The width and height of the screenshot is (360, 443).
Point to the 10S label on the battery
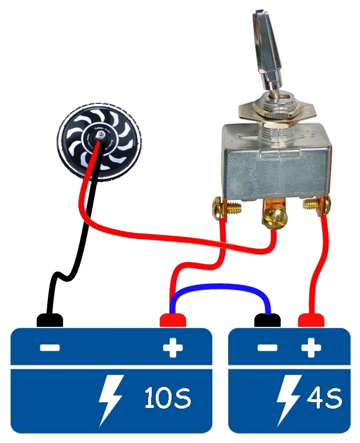(167, 397)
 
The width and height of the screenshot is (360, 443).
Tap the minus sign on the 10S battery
(50, 348)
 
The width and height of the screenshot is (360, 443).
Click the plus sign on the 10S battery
(173, 348)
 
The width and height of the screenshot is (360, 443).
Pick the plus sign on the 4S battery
(310, 348)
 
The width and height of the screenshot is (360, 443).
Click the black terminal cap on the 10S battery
(50, 320)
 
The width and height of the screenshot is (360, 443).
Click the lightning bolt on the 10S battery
(111, 399)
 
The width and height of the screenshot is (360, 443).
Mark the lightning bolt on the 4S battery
(290, 399)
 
